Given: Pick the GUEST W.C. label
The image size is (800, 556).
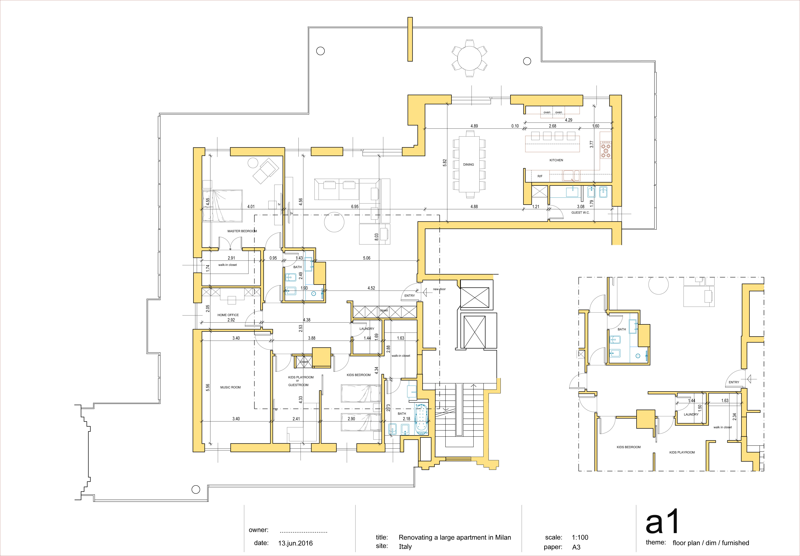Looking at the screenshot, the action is pos(580,213).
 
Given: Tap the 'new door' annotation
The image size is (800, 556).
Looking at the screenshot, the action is pos(439,289).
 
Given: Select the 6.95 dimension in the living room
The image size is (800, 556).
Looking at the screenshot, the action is pos(355,207).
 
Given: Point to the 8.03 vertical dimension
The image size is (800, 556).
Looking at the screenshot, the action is pos(376,237).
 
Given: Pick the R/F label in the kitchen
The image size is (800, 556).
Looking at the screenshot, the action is pos(540,176).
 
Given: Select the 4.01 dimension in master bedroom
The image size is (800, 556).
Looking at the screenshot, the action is pos(251,207).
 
